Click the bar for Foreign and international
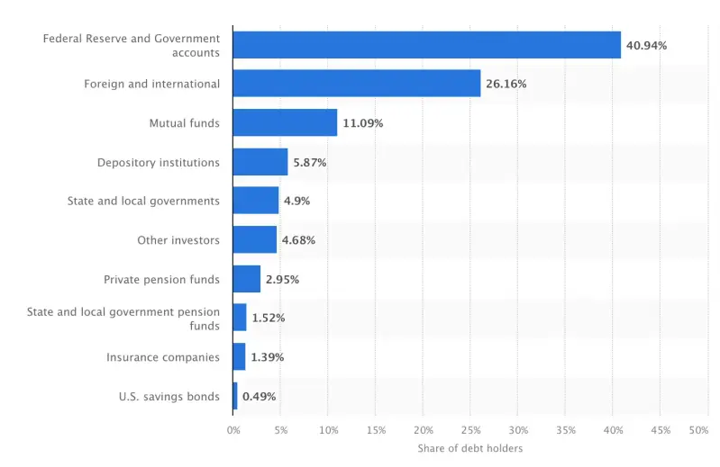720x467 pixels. point(356,84)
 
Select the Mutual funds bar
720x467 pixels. point(285,122)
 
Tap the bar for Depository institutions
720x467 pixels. point(260,162)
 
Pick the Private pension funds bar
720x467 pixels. point(246,279)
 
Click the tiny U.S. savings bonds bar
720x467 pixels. point(235,396)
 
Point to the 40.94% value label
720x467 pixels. point(646,45)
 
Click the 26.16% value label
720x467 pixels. point(506,84)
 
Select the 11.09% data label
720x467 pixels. point(362,123)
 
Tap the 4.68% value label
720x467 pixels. point(298,240)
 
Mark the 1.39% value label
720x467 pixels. point(267,357)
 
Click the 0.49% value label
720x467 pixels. point(259,397)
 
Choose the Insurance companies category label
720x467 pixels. point(163,357)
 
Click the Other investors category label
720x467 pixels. point(178,240)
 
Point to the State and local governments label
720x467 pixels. point(143,201)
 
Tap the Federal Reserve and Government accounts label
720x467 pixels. point(132,45)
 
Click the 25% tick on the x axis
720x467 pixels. point(470,430)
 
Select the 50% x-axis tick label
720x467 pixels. point(698,430)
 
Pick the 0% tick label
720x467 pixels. point(233,430)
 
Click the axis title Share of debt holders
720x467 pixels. point(469,448)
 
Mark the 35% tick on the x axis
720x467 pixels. point(565,430)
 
